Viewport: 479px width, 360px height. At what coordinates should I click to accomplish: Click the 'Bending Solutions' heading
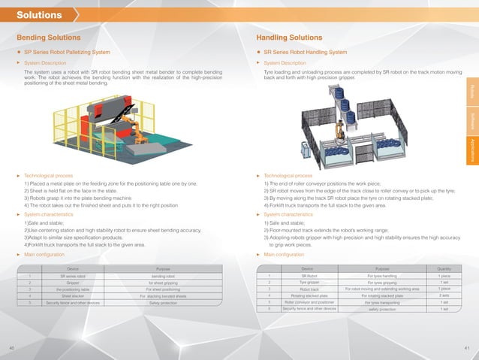pos(49,37)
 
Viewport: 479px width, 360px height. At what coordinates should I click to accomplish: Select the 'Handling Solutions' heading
pos(290,37)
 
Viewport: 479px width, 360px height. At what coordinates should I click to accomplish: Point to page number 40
pos(11,348)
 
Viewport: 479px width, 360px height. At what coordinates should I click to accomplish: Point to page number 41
pos(467,348)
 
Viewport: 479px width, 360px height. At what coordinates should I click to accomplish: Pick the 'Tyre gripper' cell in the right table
pos(306,282)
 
